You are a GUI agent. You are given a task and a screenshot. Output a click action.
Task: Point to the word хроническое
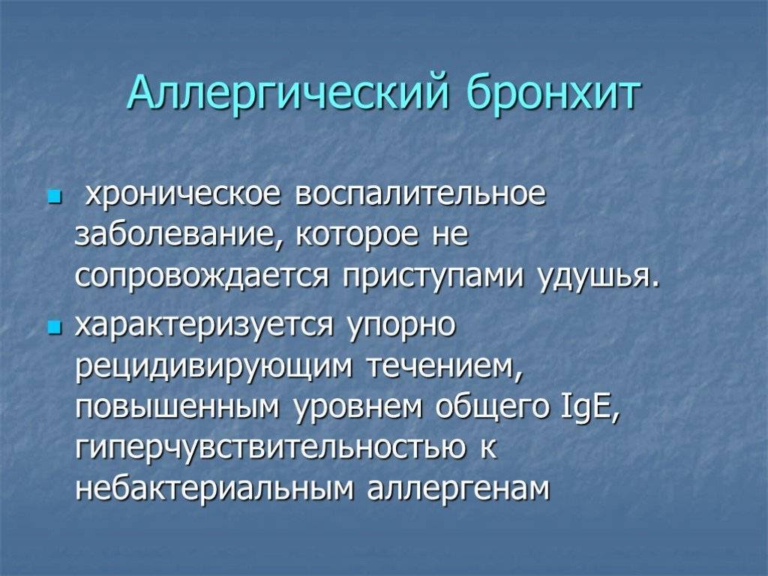pyautogui.click(x=183, y=196)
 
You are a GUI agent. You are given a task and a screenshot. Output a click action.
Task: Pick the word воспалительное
pyautogui.click(x=422, y=196)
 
